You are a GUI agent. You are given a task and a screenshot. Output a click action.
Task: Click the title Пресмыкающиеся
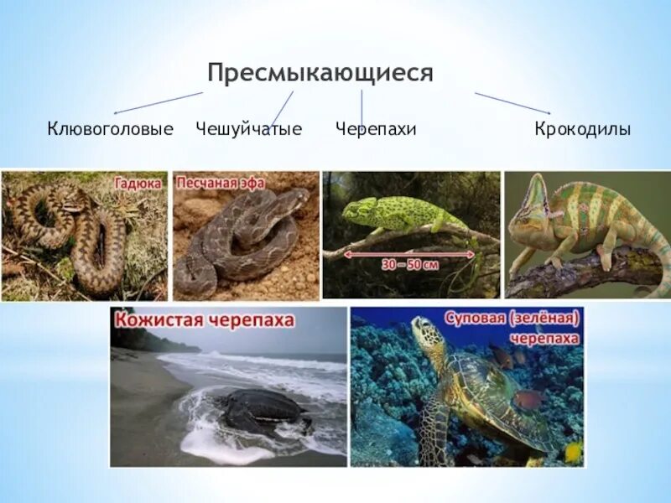click(x=320, y=73)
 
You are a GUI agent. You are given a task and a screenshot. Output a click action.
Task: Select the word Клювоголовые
click(x=110, y=129)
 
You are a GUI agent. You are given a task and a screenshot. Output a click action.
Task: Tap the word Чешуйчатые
click(x=248, y=129)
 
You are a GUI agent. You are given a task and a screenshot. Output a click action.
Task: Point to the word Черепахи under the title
click(x=376, y=129)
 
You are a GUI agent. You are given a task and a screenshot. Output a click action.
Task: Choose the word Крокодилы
click(x=582, y=129)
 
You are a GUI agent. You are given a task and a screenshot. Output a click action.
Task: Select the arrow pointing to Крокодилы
click(x=512, y=103)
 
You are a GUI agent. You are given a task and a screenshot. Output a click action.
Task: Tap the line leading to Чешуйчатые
click(x=282, y=108)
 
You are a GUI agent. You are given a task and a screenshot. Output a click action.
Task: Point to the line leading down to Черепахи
click(x=362, y=108)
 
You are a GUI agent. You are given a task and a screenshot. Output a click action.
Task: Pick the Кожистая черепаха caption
click(x=205, y=319)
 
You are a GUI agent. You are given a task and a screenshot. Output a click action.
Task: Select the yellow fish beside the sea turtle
click(x=574, y=452)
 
